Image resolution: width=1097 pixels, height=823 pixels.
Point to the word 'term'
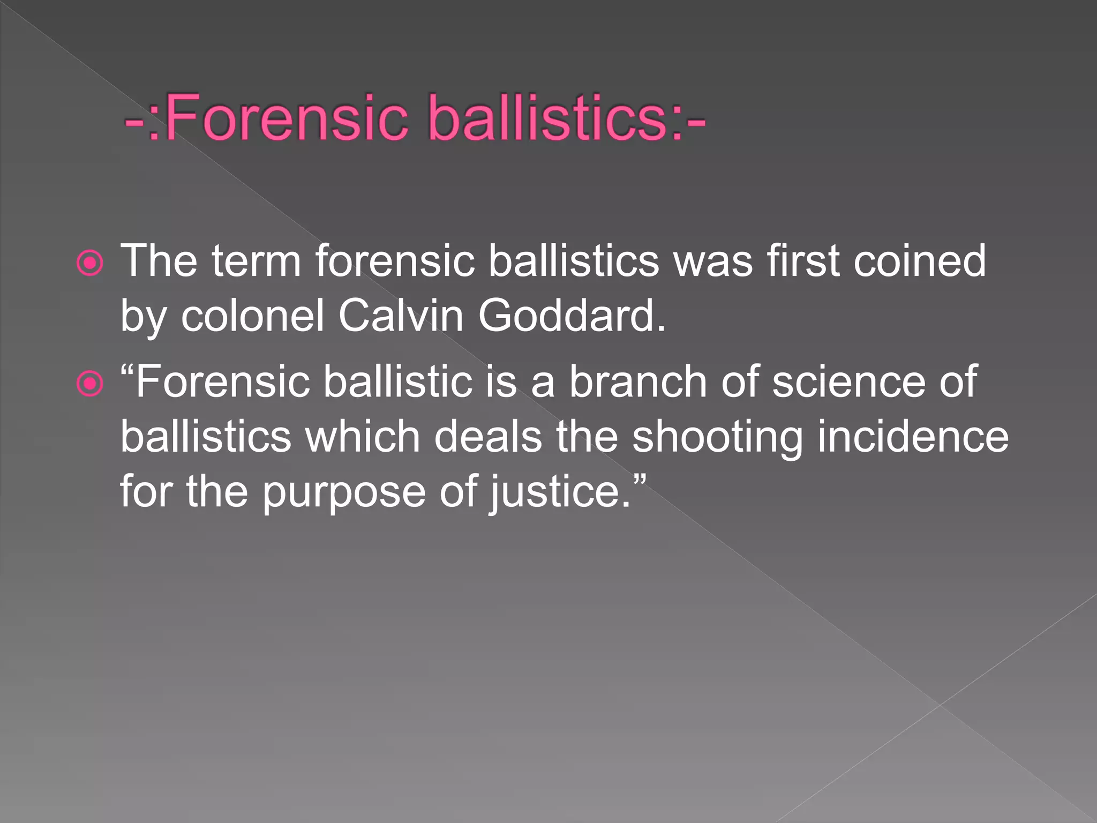coord(256,262)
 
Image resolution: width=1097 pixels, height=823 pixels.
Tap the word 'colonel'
coord(252,316)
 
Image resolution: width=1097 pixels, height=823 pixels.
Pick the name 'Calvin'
coord(401,316)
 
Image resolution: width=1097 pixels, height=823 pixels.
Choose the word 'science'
coord(848,382)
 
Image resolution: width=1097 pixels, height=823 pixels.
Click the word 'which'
coord(362,437)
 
